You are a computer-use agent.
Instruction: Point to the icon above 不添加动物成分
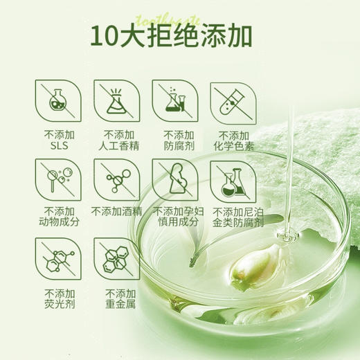pyautogui.click(x=54, y=179)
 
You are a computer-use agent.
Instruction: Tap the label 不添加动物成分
pyautogui.click(x=54, y=217)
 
